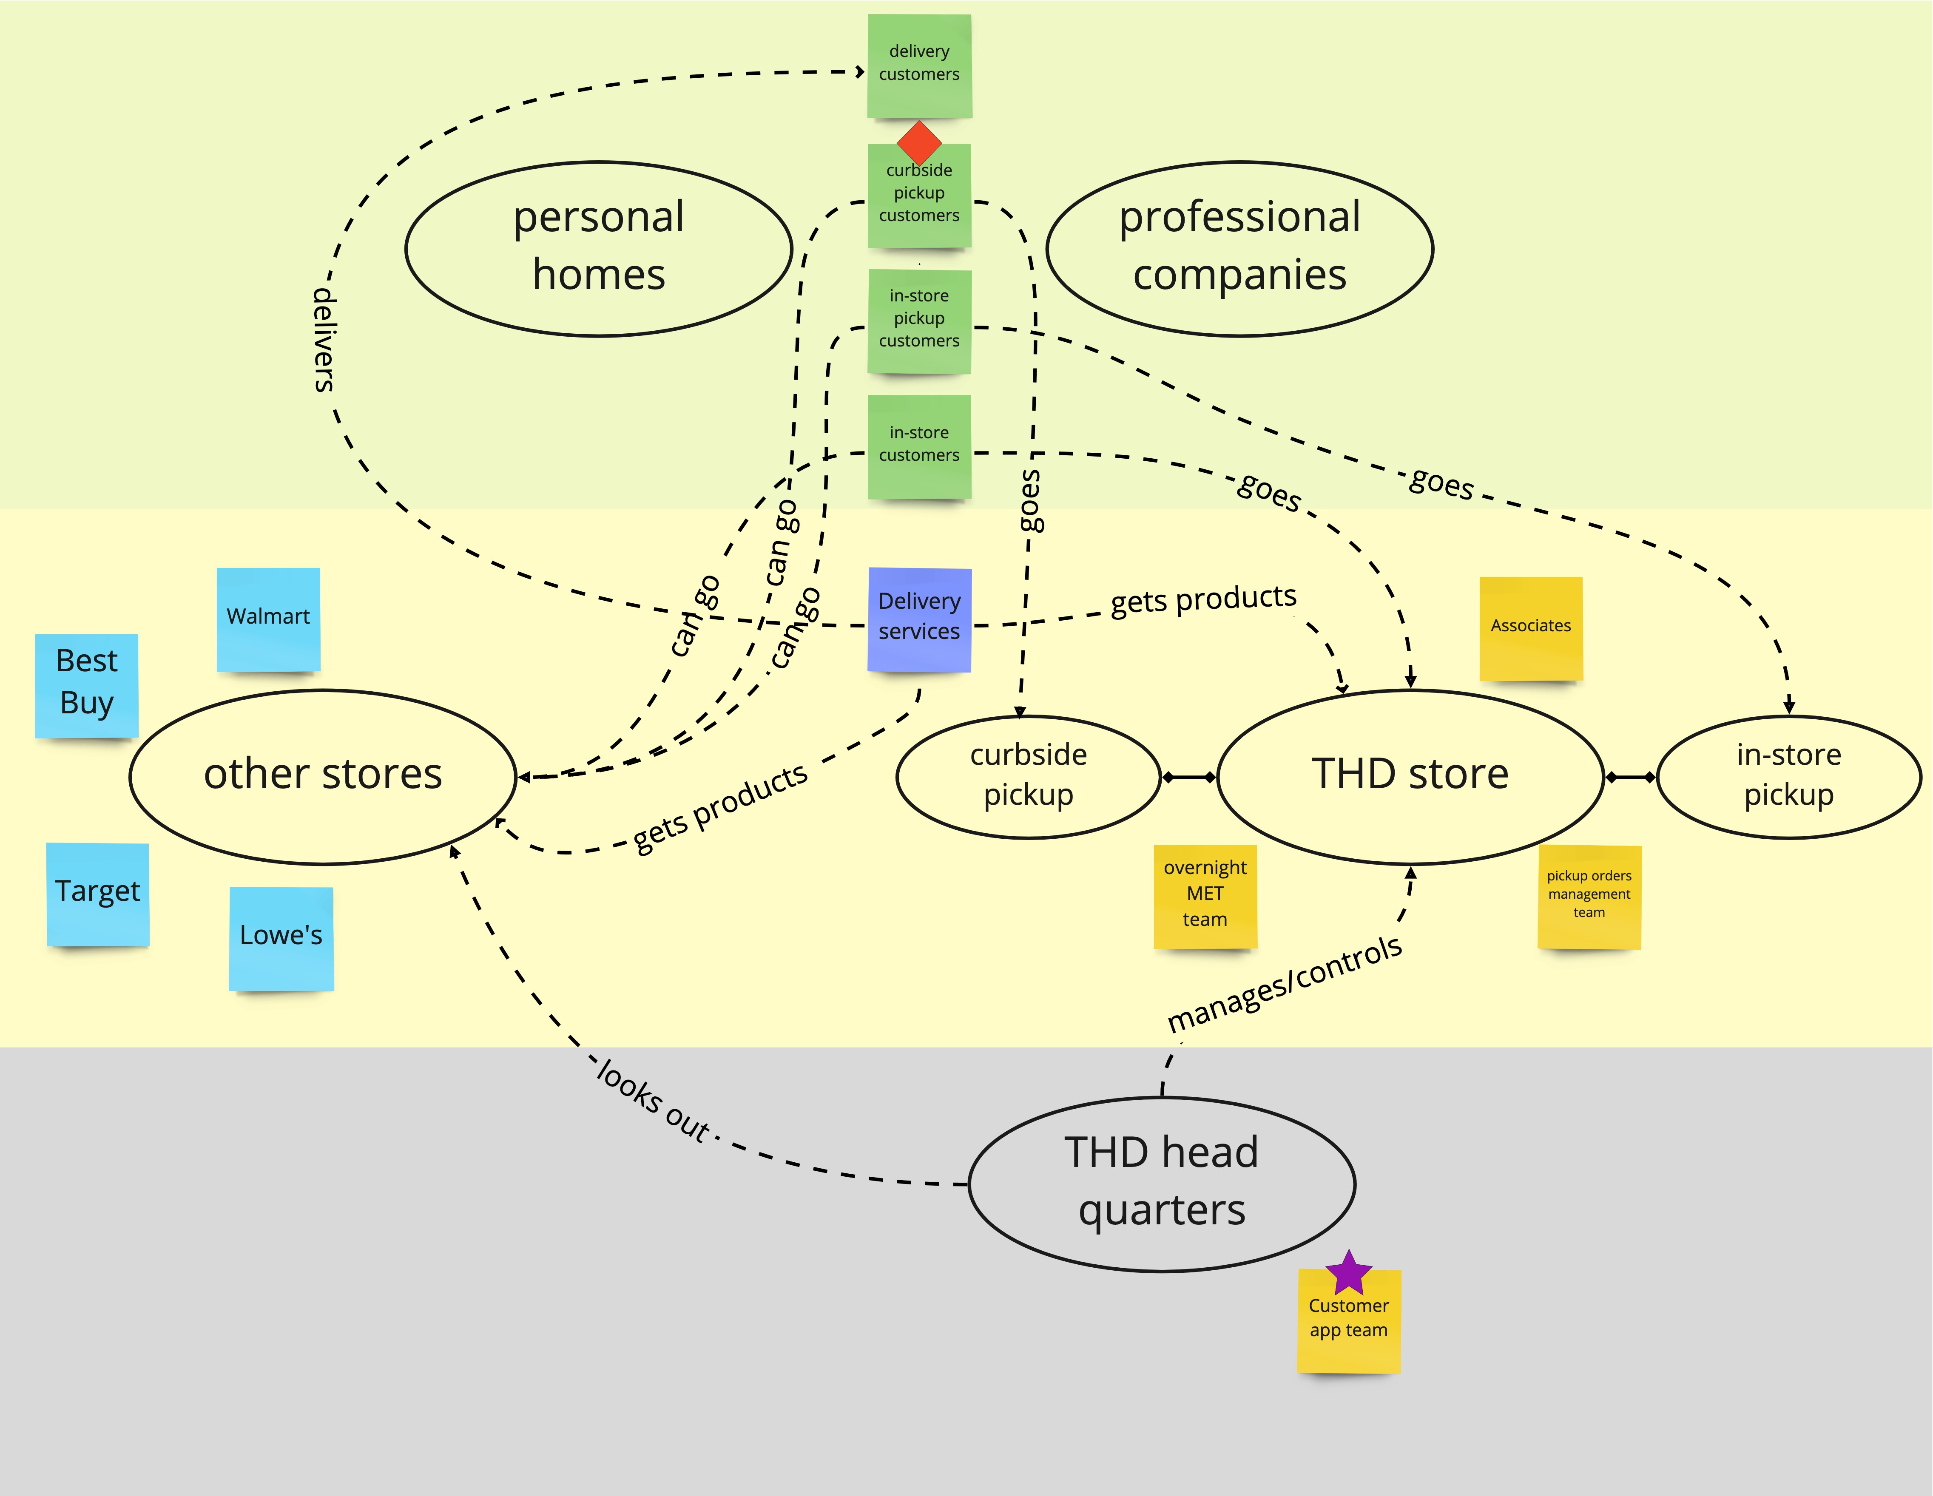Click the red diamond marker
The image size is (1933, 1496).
click(919, 142)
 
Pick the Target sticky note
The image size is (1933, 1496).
click(97, 894)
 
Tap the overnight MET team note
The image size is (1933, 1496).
click(1205, 895)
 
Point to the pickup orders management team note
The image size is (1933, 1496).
click(1589, 895)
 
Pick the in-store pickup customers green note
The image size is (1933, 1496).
click(919, 320)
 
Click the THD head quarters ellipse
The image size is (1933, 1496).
click(1161, 1183)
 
